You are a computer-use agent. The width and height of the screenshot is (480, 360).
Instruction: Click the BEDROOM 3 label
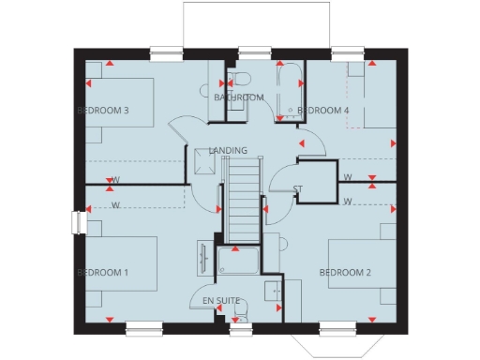pyautogui.click(x=102, y=111)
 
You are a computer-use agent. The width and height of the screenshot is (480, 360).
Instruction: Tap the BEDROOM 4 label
pyautogui.click(x=322, y=111)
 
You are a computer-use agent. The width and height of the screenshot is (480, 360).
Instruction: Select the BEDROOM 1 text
pyautogui.click(x=102, y=273)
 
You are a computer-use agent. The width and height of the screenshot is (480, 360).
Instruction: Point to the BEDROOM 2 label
pyautogui.click(x=345, y=273)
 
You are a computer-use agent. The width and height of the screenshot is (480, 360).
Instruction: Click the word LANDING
pyautogui.click(x=228, y=150)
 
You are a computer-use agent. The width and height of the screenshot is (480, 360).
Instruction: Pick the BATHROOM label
pyautogui.click(x=238, y=97)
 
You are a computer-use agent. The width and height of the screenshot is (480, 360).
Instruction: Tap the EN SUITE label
pyautogui.click(x=221, y=301)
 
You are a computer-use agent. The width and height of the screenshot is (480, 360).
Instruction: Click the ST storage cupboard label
pyautogui.click(x=298, y=190)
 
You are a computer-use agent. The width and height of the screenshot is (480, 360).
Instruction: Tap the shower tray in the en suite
pyautogui.click(x=238, y=262)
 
